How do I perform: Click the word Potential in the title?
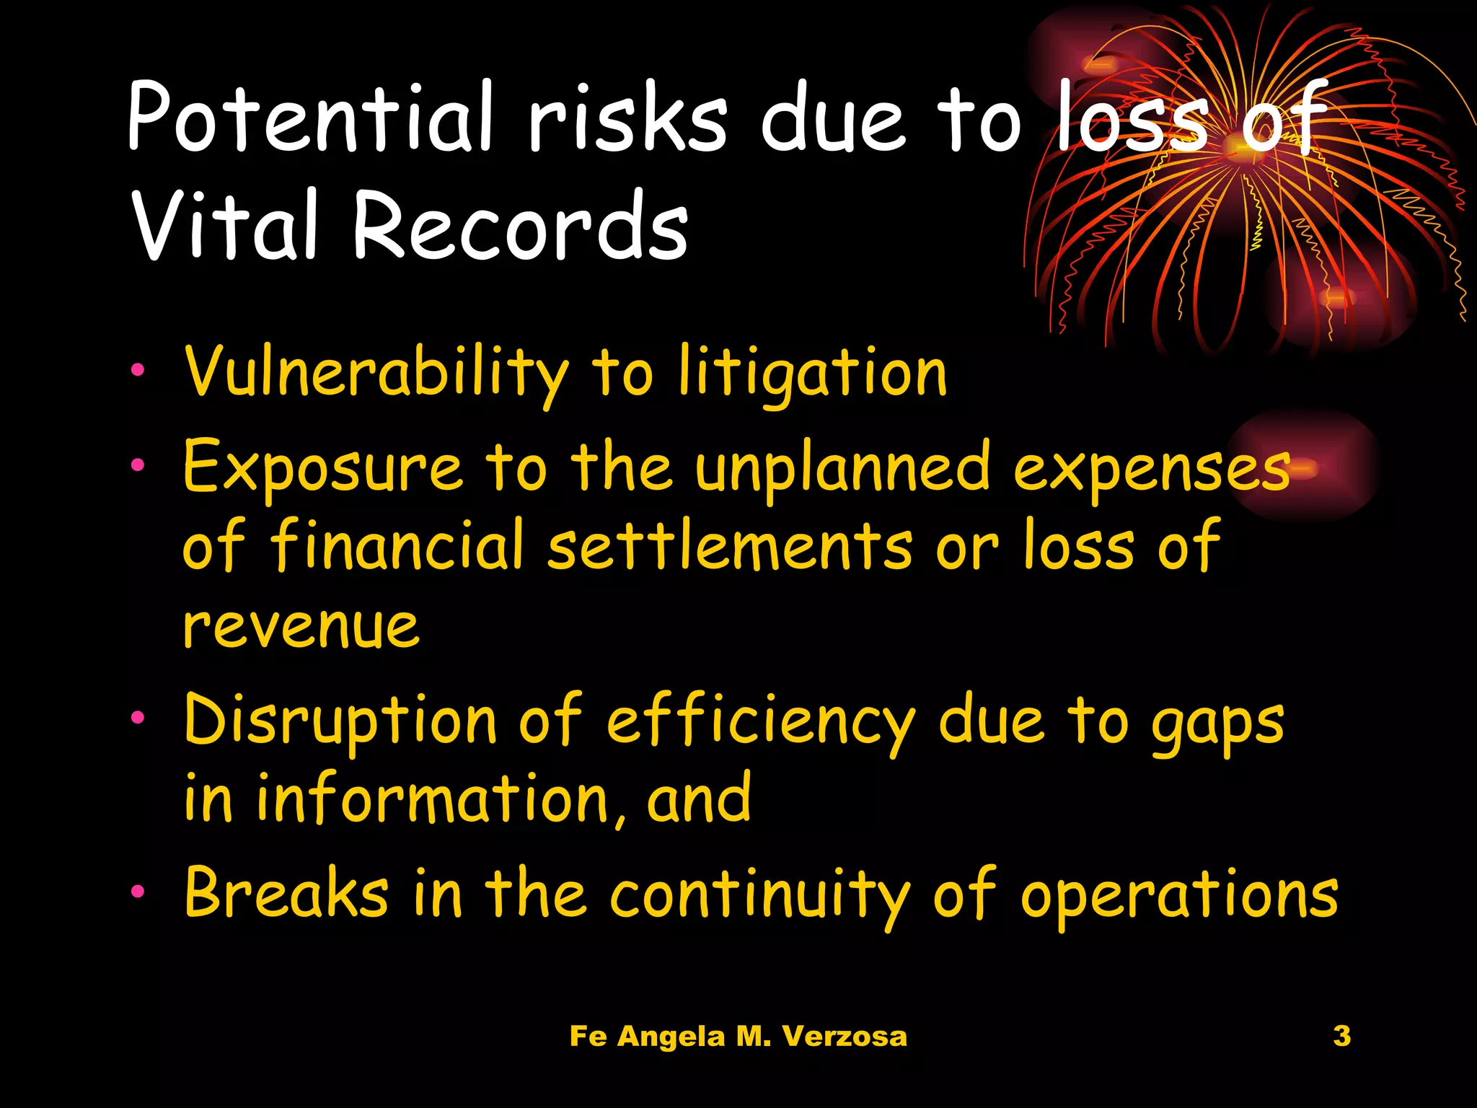point(310,117)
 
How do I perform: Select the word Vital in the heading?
point(224,225)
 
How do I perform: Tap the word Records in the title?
point(520,225)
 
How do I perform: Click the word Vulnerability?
point(376,373)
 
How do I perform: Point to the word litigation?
point(812,373)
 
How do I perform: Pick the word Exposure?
point(322,467)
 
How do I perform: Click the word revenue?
point(301,625)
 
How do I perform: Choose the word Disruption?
point(340,720)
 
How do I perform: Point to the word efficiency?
point(760,720)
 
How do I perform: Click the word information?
point(432,799)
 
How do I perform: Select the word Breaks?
point(286,892)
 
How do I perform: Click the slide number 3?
point(1342,1036)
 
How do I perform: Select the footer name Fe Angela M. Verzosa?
point(738,1037)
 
